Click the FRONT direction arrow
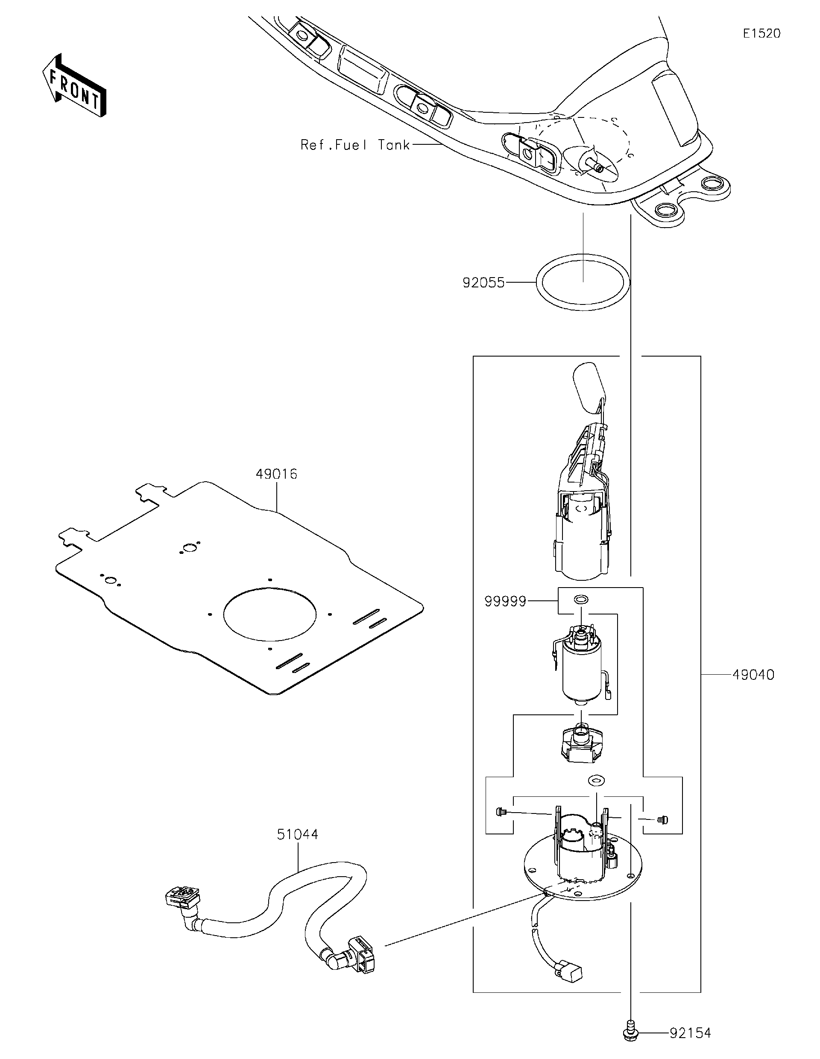(74, 85)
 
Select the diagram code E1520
(761, 33)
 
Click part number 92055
(483, 282)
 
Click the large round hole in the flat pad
(269, 613)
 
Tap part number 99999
(505, 601)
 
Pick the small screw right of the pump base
(662, 819)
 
